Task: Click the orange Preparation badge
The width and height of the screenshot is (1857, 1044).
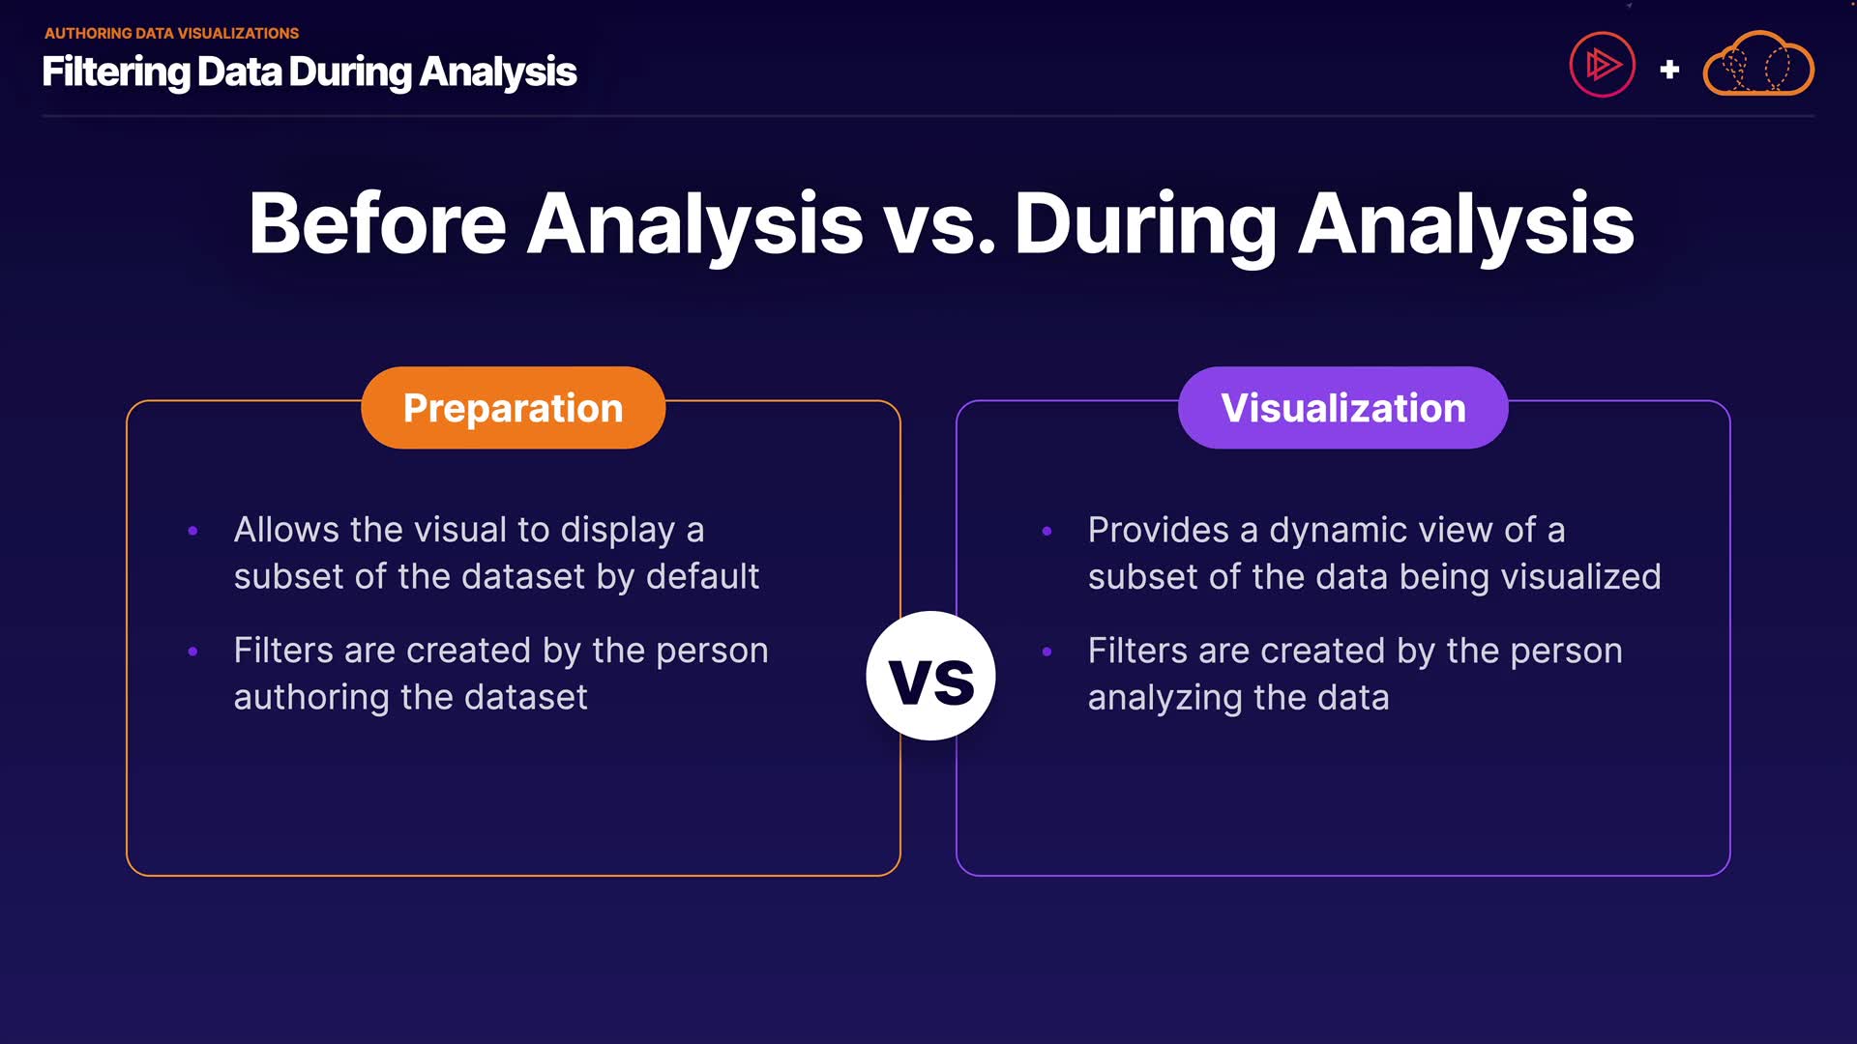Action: [x=513, y=407]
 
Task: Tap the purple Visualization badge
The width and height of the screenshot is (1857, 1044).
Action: [x=1342, y=407]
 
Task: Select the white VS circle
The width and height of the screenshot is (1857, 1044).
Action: [x=930, y=676]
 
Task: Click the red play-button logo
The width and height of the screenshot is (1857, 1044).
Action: [x=1602, y=65]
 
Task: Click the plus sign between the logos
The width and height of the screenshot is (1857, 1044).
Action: [x=1669, y=70]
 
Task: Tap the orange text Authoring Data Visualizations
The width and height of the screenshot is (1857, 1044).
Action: [x=172, y=33]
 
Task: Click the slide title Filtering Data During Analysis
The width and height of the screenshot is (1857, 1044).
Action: [x=309, y=72]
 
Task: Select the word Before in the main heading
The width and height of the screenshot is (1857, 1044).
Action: [x=378, y=223]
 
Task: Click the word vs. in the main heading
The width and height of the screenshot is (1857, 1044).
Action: [x=940, y=225]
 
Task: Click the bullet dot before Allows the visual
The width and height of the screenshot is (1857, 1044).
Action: [x=192, y=531]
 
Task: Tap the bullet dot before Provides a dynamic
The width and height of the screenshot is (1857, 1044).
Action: [x=1046, y=531]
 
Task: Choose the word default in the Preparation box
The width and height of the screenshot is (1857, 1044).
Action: [x=702, y=576]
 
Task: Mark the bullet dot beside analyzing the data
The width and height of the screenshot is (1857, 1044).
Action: [x=1046, y=652]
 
